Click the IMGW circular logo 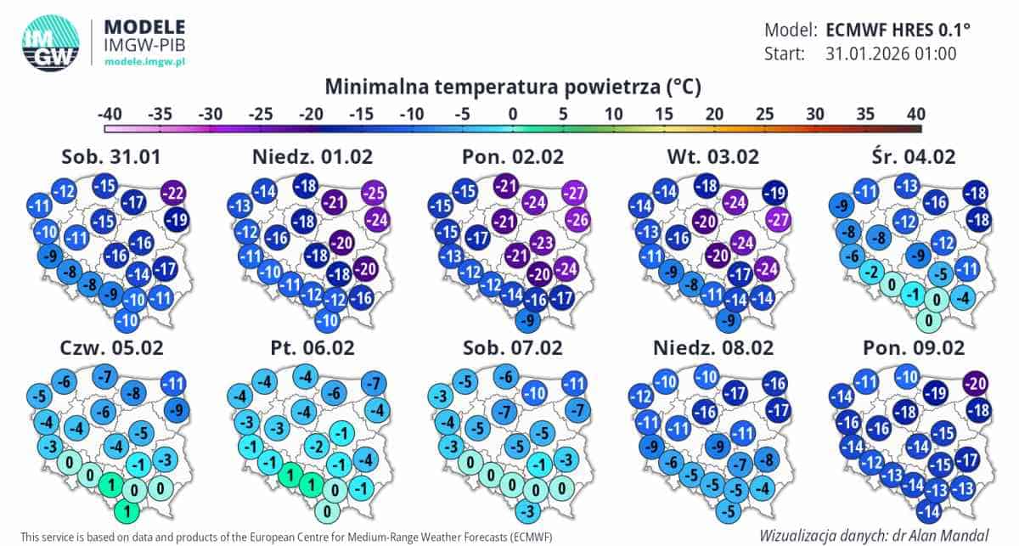tap(50, 42)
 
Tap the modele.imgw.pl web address tap(144, 62)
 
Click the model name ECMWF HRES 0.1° tap(898, 30)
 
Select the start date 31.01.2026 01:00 tap(891, 54)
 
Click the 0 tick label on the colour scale tap(513, 114)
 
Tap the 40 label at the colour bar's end tap(915, 114)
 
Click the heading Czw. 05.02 tap(113, 347)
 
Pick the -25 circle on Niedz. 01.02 tap(374, 193)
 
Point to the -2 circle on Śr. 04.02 tap(868, 273)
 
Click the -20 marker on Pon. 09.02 tap(977, 385)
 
